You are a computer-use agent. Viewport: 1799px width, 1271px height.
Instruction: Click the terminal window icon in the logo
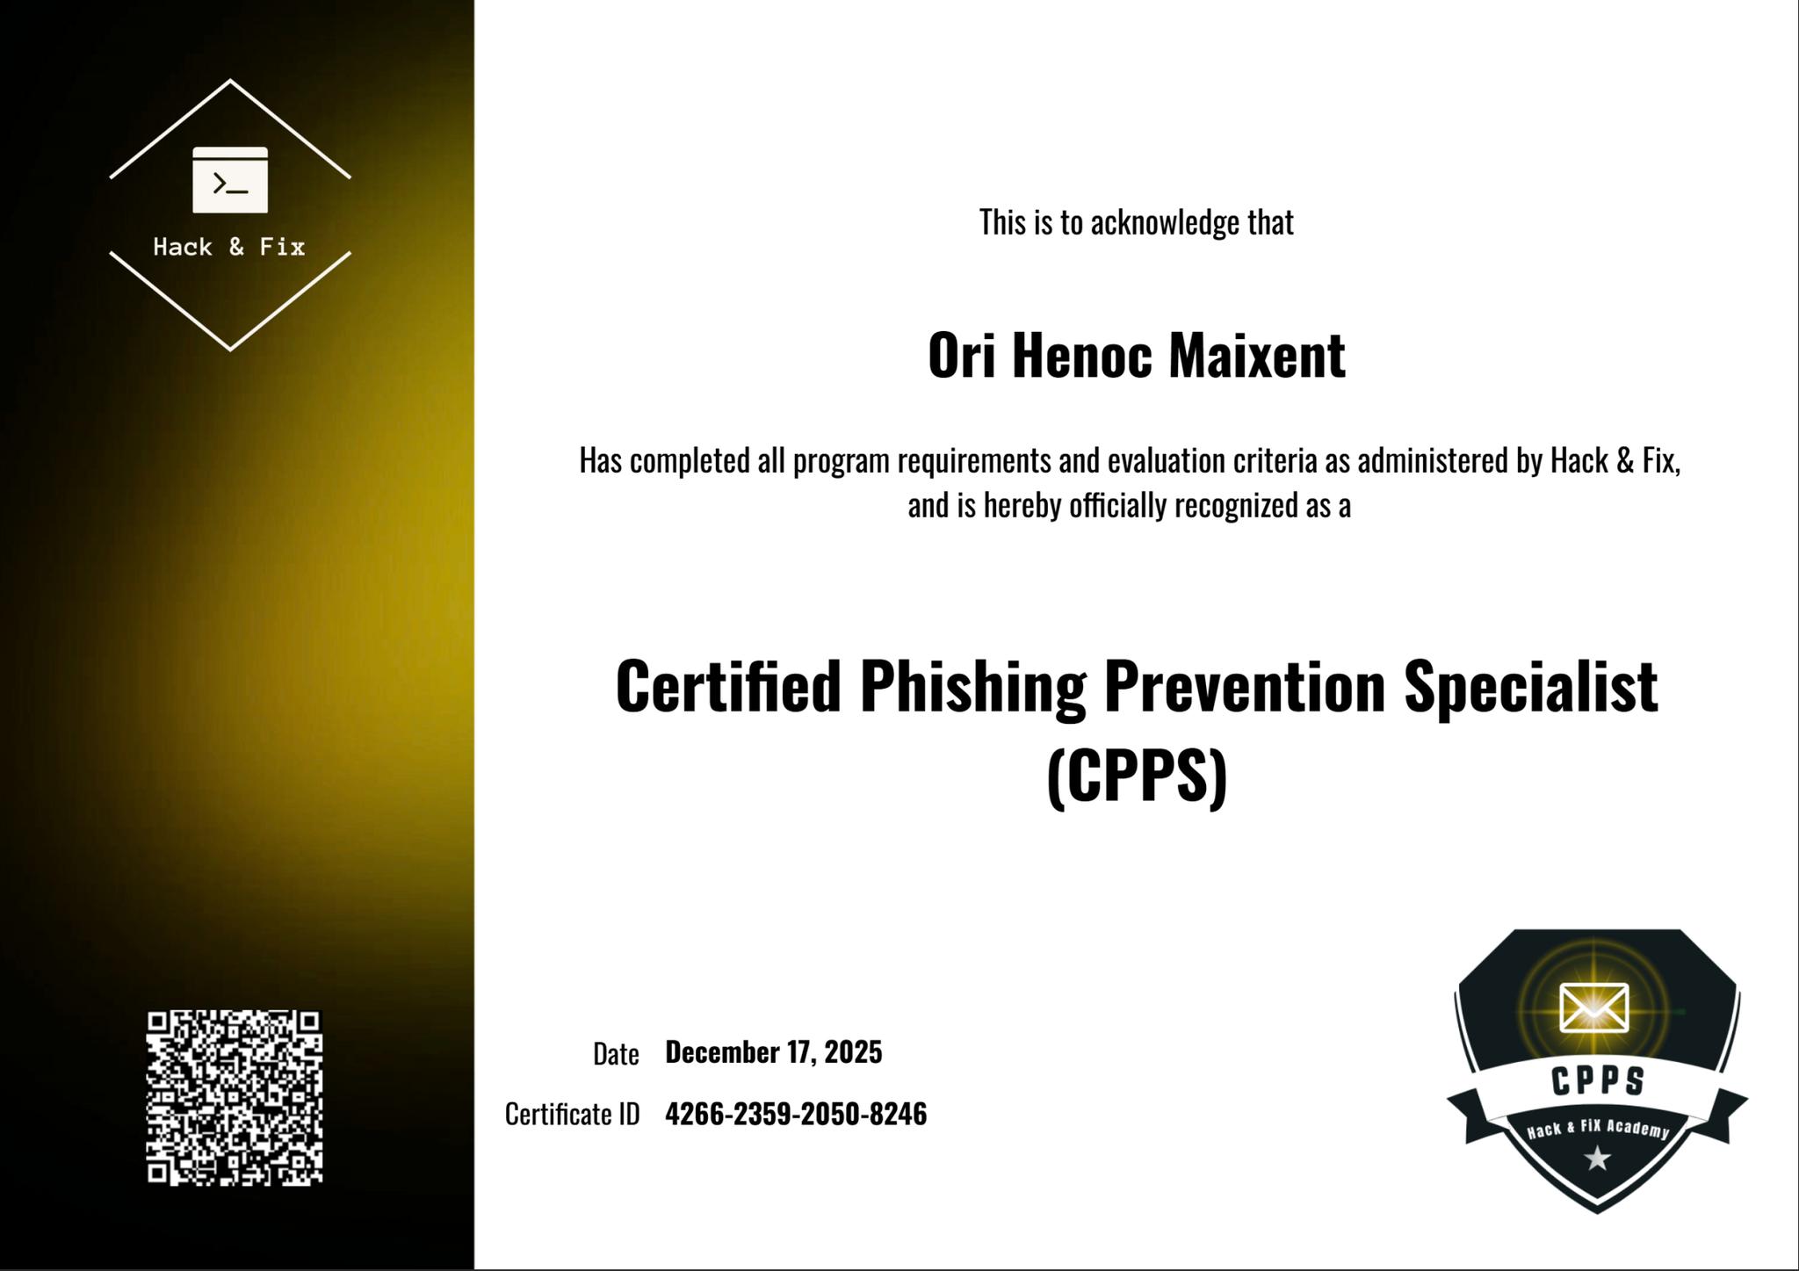[230, 179]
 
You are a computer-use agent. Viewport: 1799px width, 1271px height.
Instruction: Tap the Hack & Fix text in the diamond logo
[229, 247]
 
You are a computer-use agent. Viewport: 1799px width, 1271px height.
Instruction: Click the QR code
[235, 1098]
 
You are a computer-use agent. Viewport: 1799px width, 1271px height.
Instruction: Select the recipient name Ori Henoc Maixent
[1137, 356]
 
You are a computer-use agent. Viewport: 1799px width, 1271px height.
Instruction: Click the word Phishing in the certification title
[972, 687]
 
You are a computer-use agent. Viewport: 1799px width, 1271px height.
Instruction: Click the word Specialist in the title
[1531, 687]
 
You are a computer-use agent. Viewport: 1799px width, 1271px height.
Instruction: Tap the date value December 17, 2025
[774, 1051]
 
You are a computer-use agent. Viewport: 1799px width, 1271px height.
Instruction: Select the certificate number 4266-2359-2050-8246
[796, 1114]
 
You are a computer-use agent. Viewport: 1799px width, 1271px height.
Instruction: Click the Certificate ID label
[572, 1114]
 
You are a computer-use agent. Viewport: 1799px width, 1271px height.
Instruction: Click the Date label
[616, 1053]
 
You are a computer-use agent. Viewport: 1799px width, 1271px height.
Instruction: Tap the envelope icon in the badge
[1593, 1007]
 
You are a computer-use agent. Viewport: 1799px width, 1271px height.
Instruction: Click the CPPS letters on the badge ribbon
[1598, 1081]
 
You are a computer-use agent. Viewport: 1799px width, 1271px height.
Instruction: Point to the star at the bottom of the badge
[1597, 1159]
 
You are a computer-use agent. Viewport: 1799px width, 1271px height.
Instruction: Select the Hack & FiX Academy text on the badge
[1598, 1129]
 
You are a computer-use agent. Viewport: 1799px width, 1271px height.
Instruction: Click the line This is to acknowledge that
[1137, 222]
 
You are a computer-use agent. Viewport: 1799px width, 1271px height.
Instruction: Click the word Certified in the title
[729, 687]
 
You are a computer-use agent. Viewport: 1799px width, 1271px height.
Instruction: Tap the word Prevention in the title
[1245, 687]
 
